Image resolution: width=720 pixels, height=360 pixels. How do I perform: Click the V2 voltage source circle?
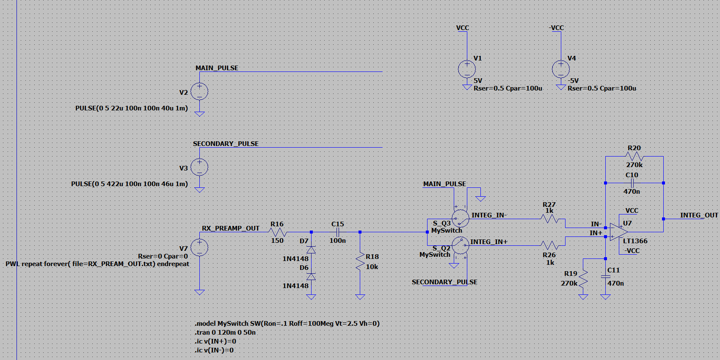click(199, 91)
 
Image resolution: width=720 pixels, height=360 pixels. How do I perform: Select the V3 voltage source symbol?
click(199, 168)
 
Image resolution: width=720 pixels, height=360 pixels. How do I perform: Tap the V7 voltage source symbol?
click(199, 247)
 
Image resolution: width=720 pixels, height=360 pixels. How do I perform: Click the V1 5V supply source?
click(467, 69)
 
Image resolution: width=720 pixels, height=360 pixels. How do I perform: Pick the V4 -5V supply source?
click(560, 69)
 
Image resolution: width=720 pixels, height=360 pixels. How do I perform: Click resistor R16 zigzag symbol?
click(277, 232)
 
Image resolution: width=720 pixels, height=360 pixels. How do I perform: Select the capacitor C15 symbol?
click(337, 232)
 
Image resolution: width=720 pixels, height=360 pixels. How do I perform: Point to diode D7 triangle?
click(311, 250)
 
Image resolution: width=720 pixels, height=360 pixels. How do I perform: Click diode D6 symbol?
click(311, 277)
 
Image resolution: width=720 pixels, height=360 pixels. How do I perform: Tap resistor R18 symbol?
click(360, 261)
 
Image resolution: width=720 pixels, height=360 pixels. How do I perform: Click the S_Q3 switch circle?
click(460, 219)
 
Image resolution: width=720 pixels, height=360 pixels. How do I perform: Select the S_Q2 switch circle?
click(460, 246)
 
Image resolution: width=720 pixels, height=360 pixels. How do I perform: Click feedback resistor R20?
click(634, 157)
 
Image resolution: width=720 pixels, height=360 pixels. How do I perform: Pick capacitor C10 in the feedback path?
click(632, 183)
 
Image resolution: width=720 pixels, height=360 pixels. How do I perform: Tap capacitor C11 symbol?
click(606, 277)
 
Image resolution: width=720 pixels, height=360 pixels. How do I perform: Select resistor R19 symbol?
click(583, 278)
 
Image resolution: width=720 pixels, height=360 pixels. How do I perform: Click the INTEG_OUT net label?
click(699, 215)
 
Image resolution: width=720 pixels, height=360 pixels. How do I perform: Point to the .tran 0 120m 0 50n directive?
click(225, 333)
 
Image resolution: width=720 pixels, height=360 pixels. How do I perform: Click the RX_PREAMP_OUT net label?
click(230, 228)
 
